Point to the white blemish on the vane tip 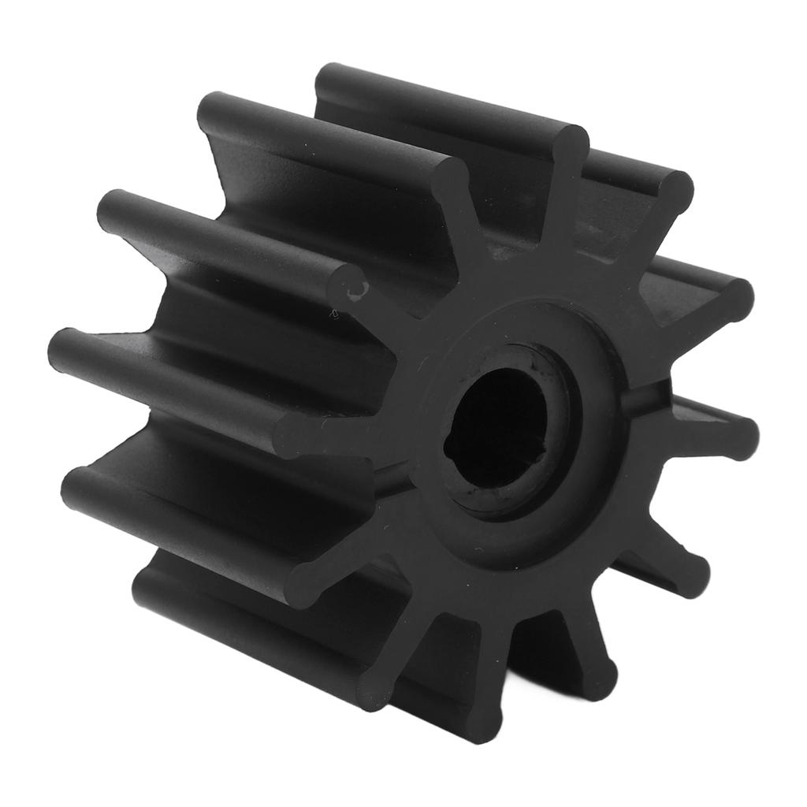click(x=354, y=292)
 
